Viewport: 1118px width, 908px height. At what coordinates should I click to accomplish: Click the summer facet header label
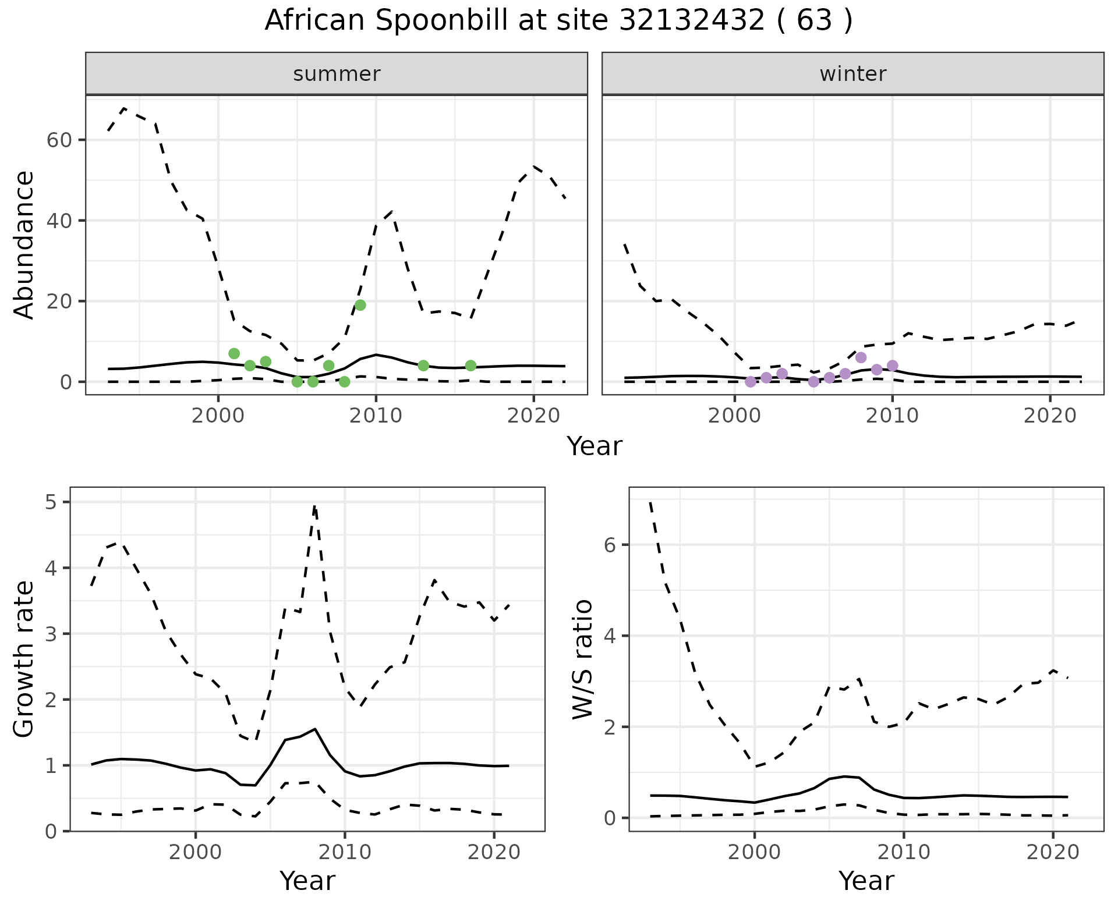(337, 74)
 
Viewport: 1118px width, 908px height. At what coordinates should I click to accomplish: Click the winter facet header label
(852, 74)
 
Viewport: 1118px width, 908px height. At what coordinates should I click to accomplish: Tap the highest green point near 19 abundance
(360, 305)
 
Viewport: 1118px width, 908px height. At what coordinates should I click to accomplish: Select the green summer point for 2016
(470, 366)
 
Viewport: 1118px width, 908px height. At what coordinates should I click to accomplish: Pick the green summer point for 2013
(423, 366)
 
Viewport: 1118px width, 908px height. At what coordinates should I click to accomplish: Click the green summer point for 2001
(234, 353)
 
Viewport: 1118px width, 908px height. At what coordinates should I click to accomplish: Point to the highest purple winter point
(861, 357)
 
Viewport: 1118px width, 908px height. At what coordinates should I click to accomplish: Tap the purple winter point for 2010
(892, 366)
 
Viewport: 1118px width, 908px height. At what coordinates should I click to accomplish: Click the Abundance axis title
(24, 244)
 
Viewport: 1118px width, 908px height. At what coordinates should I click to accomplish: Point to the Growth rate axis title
(24, 659)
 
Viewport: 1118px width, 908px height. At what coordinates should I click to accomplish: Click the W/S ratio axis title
(583, 659)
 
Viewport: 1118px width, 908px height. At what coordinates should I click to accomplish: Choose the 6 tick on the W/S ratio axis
(610, 545)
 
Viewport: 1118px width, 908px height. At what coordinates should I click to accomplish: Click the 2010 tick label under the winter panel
(892, 416)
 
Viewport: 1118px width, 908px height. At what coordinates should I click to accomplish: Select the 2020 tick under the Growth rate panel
(493, 853)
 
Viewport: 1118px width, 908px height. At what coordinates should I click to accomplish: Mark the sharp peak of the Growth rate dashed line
(314, 506)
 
